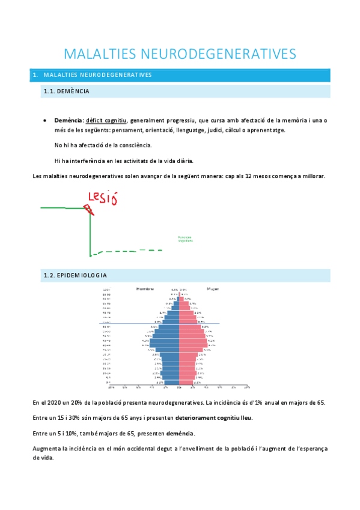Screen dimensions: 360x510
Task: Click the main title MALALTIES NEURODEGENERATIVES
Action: coord(180,54)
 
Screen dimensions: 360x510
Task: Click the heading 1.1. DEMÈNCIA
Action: coord(67,91)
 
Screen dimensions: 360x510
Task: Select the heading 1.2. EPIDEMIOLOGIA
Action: coord(76,275)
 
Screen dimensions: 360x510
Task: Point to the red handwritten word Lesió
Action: coord(102,197)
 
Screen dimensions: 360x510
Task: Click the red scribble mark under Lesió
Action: coord(90,209)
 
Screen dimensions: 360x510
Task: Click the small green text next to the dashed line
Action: coord(185,239)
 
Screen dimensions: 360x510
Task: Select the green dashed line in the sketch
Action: coord(129,251)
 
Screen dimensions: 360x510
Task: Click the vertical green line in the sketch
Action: coord(90,232)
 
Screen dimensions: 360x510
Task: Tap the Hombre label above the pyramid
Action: coord(145,289)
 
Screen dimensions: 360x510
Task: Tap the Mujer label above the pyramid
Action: coord(213,289)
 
